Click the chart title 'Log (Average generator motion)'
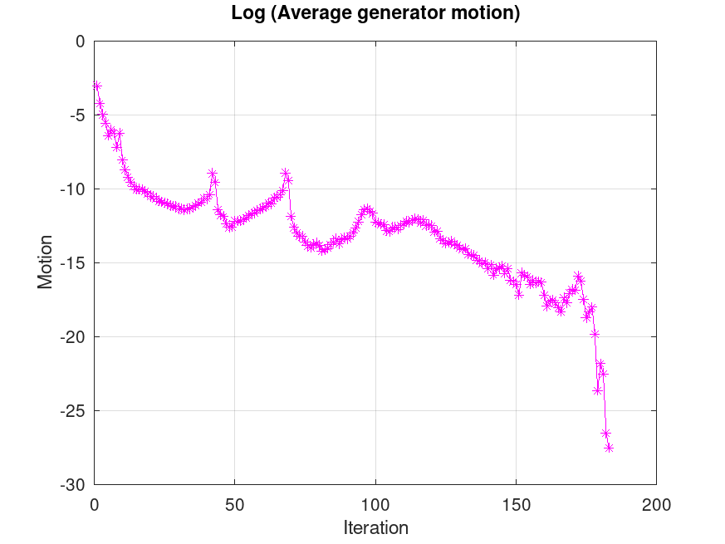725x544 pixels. coord(375,14)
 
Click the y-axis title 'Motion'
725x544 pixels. coord(45,262)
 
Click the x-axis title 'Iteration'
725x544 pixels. coord(375,527)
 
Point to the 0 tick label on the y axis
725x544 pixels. coord(80,42)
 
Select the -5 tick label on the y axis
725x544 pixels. coord(76,115)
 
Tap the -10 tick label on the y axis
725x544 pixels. coord(73,189)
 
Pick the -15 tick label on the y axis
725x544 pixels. coord(73,263)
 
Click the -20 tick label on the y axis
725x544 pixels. coord(73,337)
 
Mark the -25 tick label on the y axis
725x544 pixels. coord(73,411)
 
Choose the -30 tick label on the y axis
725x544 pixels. coord(73,485)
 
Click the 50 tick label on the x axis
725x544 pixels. coord(235,503)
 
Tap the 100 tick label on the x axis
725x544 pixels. coord(375,503)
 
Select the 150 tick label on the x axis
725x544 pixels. coord(516,503)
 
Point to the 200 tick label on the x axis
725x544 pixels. coord(656,503)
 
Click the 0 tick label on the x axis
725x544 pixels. coord(95,503)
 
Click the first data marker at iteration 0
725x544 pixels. coord(97,86)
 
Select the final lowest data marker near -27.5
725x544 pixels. coord(609,447)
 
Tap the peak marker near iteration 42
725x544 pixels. coord(213,174)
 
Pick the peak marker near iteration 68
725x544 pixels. coord(286,173)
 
